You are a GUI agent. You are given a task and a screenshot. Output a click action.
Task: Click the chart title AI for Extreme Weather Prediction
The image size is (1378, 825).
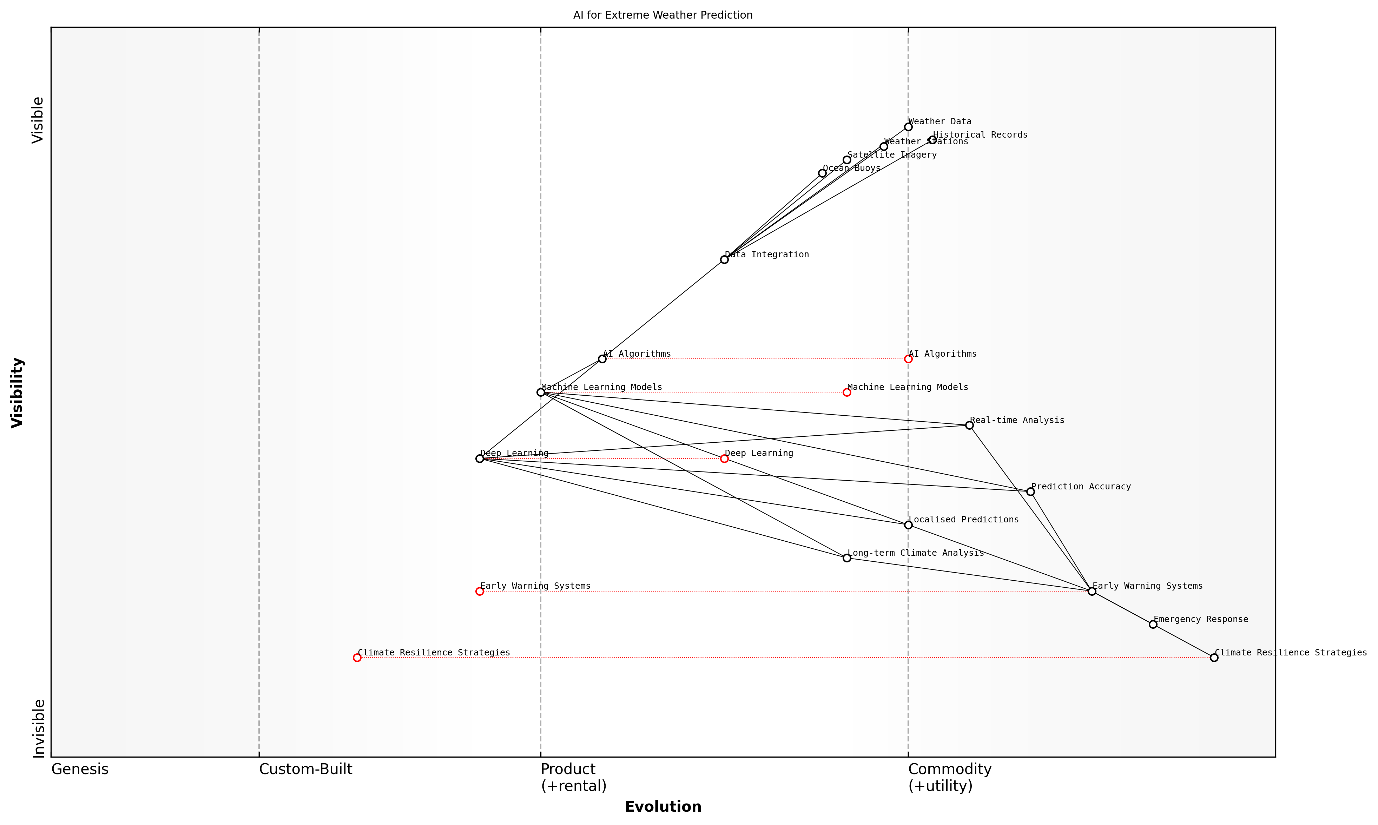tap(662, 15)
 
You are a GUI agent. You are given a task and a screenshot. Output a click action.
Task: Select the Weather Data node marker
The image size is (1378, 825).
tap(908, 127)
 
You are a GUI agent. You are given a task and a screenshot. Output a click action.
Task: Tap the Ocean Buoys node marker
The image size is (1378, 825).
tap(822, 173)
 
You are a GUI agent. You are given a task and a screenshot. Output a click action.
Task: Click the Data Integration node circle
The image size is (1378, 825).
tap(724, 260)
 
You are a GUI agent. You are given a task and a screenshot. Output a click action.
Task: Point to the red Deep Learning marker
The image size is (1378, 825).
tap(724, 458)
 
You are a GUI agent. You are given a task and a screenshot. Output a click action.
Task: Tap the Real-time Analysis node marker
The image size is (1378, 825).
tap(969, 425)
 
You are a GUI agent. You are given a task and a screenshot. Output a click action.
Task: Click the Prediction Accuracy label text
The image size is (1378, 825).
tap(1081, 487)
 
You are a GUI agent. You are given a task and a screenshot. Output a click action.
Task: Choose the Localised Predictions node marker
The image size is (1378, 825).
tap(908, 525)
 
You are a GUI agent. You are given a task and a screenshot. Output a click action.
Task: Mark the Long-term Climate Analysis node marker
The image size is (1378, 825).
tap(846, 557)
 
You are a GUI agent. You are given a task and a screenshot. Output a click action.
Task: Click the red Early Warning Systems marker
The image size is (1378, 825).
tap(480, 591)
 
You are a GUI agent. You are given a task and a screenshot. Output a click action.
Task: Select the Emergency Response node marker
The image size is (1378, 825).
tap(1153, 624)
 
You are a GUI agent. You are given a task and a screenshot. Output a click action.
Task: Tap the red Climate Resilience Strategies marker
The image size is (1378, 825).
tap(357, 658)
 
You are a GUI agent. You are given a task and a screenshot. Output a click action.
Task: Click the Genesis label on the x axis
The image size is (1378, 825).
tap(79, 770)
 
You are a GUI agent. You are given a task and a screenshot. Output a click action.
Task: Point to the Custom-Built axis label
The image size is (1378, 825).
tap(305, 770)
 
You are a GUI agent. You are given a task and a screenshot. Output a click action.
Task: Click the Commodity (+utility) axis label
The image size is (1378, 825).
tap(949, 777)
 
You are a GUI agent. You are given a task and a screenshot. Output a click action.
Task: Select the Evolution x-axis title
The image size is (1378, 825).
tap(662, 807)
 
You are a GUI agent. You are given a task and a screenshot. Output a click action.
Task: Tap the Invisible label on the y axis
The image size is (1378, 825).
tap(38, 728)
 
